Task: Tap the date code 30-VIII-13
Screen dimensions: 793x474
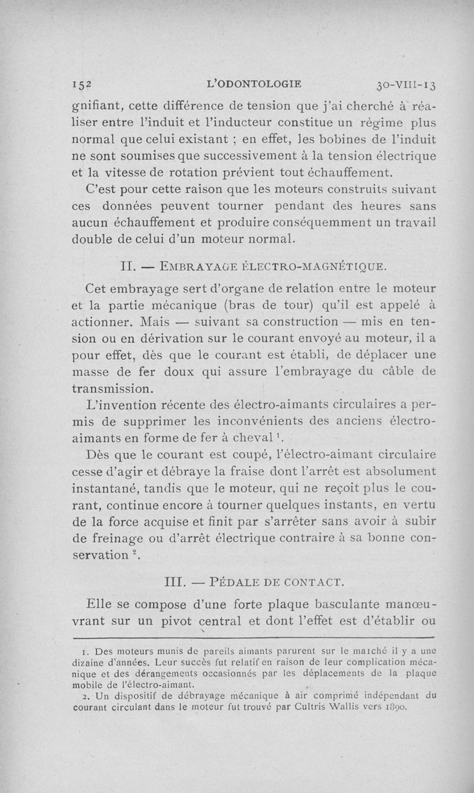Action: click(x=406, y=84)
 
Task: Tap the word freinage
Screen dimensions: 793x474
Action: click(x=123, y=538)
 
